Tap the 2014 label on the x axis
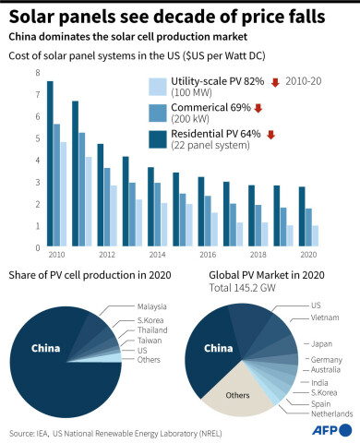pos(158,254)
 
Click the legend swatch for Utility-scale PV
pos(157,88)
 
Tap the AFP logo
pos(332,431)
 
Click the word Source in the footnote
pos(24,431)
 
